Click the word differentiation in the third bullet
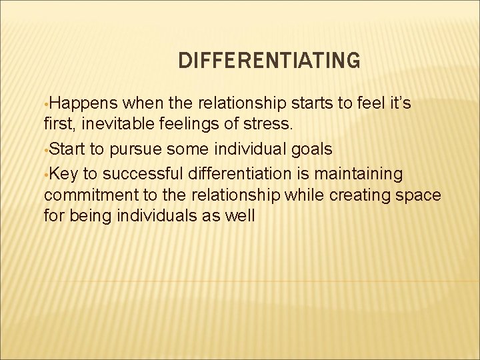click(x=242, y=174)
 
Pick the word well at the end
click(x=239, y=216)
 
